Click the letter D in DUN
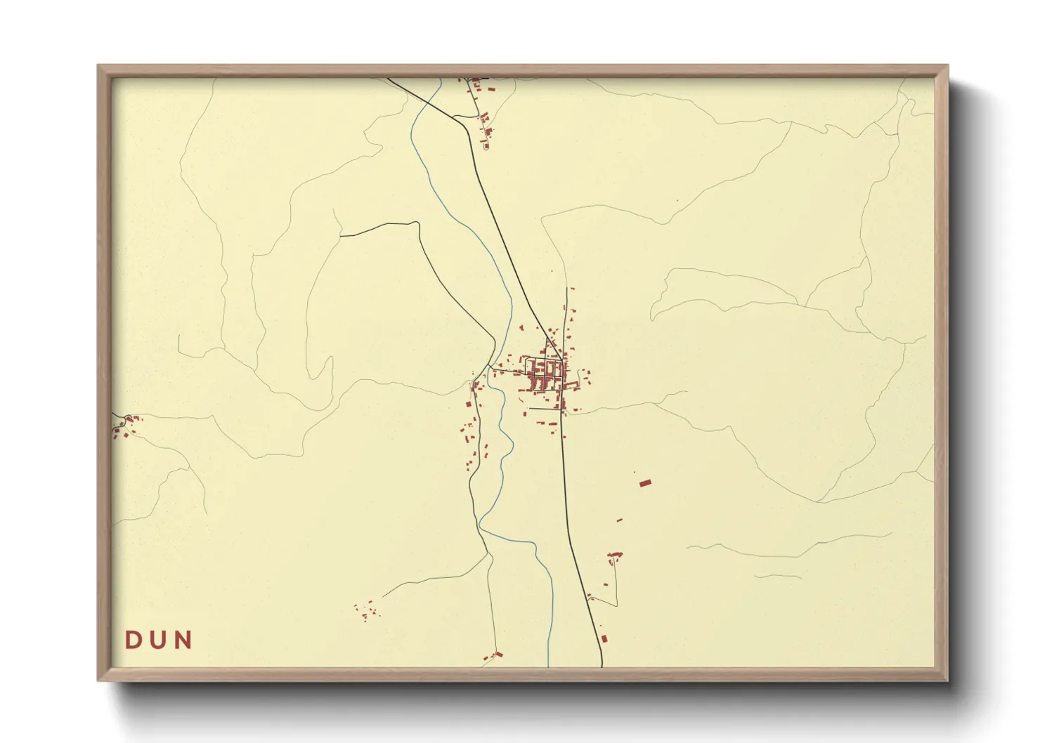click(132, 640)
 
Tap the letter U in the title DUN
click(159, 640)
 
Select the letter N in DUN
click(184, 640)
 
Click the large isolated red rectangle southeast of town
click(645, 482)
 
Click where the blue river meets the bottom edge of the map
click(549, 664)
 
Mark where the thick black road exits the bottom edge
click(603, 664)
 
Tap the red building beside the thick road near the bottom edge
click(604, 638)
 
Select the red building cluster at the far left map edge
click(125, 425)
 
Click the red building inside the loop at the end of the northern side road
click(484, 145)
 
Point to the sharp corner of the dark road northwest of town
click(417, 223)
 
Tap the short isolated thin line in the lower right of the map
click(778, 577)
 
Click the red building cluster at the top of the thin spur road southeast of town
click(615, 555)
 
